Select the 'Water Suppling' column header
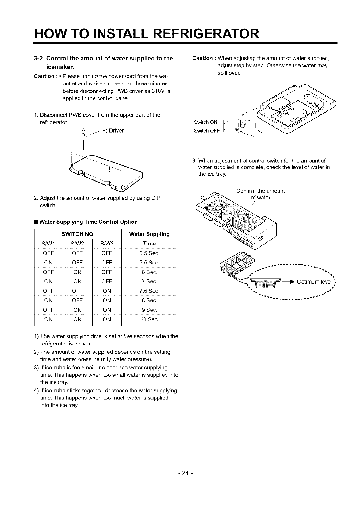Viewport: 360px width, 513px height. coord(149,234)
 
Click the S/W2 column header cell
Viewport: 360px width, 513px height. coord(77,244)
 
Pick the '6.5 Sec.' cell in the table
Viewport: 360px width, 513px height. coord(149,253)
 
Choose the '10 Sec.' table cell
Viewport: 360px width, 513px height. coord(149,319)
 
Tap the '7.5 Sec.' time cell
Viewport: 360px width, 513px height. coord(149,291)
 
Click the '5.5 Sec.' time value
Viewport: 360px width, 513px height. coord(149,263)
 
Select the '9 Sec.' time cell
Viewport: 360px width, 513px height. coord(149,310)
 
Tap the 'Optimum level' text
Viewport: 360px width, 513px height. coord(314,282)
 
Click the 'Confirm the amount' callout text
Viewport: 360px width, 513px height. coord(260,191)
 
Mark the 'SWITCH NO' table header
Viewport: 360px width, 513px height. coord(77,234)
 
